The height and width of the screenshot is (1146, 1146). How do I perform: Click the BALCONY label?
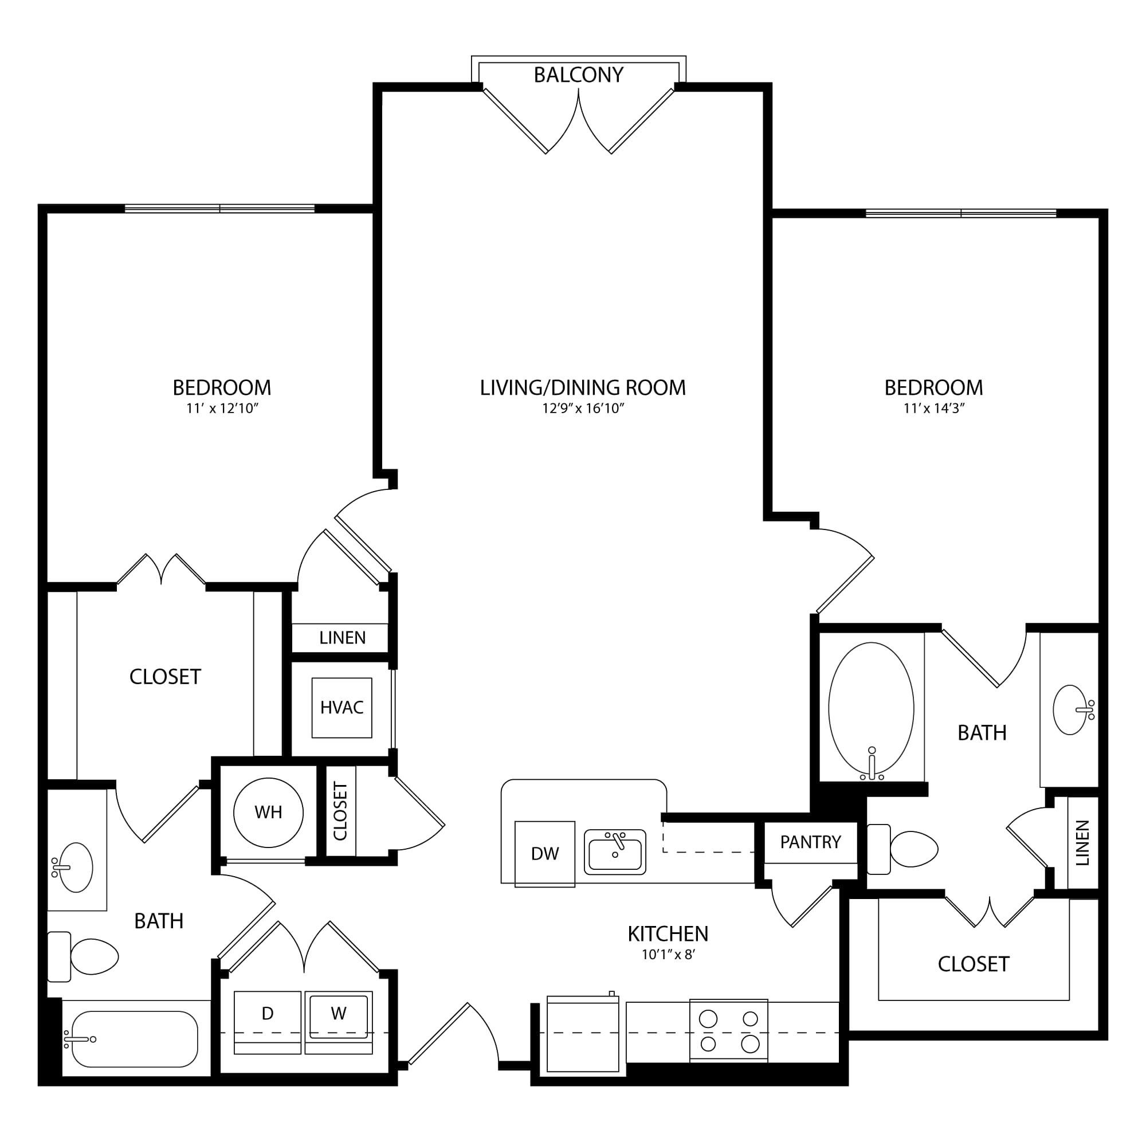[x=578, y=75]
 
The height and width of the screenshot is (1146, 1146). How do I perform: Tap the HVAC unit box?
[x=342, y=708]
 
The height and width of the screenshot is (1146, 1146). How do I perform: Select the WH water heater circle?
[x=268, y=813]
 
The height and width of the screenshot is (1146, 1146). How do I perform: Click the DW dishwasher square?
[x=544, y=854]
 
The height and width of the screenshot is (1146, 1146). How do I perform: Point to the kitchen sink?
[x=614, y=853]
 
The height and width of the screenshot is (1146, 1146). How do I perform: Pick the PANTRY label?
[x=810, y=842]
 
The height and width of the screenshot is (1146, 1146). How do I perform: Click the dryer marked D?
[x=268, y=1023]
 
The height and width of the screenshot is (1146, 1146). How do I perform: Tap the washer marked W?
[x=339, y=1023]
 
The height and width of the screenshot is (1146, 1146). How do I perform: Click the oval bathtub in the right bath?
[x=871, y=709]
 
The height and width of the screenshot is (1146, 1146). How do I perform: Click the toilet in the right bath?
[x=902, y=849]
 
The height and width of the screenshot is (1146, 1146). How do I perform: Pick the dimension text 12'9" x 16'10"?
[x=583, y=408]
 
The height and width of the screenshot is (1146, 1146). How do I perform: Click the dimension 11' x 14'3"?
[x=934, y=408]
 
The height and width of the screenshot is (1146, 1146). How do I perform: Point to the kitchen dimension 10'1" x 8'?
[x=668, y=955]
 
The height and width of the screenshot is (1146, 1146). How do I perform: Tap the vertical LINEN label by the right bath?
[x=1082, y=843]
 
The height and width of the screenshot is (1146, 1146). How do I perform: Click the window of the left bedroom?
[x=219, y=208]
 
